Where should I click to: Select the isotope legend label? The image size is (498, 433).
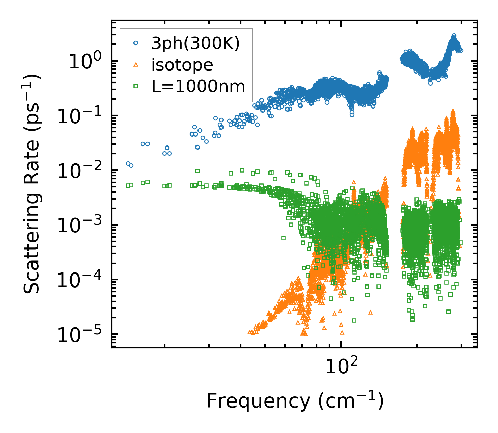click(x=182, y=65)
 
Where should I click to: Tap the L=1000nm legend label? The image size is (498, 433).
click(x=199, y=87)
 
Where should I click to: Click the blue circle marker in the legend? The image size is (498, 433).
click(x=136, y=43)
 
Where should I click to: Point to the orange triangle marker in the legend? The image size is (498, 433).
click(x=136, y=65)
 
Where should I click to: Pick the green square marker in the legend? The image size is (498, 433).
click(x=136, y=87)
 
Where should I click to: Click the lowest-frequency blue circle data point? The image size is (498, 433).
click(x=128, y=164)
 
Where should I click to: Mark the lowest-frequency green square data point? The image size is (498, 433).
click(x=128, y=186)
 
